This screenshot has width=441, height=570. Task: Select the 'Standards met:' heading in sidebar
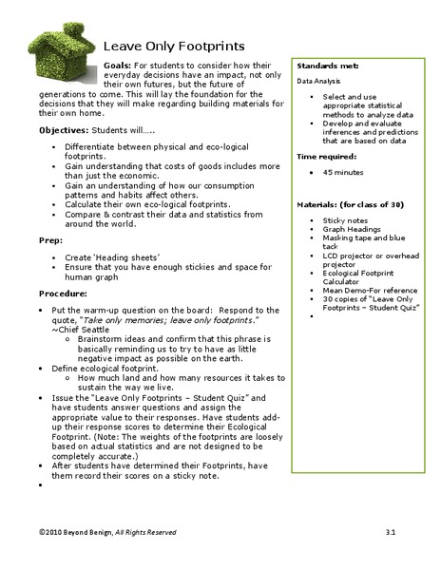click(328, 66)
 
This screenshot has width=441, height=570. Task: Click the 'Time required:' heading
click(327, 155)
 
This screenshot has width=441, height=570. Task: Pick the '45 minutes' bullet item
click(342, 172)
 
